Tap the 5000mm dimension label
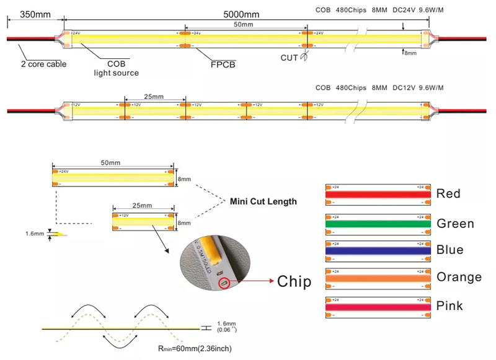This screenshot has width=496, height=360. pos(244,13)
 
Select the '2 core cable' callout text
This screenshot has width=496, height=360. pos(43,64)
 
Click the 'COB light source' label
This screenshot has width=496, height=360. pos(116,68)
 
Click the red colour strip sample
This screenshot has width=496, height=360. pos(378,194)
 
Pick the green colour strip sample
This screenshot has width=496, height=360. pos(378,223)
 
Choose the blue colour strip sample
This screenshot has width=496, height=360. pos(378,250)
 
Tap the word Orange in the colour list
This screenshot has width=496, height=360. pos(459,277)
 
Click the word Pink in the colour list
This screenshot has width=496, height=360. pos(451,305)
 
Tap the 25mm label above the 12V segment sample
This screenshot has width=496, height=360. pos(142,205)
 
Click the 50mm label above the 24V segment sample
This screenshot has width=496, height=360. pos(112,162)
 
